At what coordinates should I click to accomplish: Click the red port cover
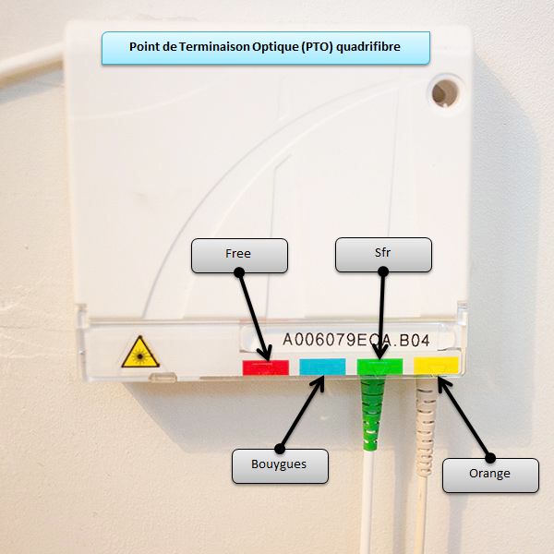(265, 367)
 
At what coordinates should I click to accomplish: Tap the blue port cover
(322, 367)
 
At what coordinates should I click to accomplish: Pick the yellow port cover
(435, 366)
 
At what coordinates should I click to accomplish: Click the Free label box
(239, 255)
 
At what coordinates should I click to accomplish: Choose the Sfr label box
(383, 255)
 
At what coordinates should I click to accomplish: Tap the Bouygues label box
(279, 465)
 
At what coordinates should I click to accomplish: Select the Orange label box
(489, 474)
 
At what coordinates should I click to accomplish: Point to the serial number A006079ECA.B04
(355, 339)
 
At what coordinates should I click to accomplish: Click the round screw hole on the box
(444, 91)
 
